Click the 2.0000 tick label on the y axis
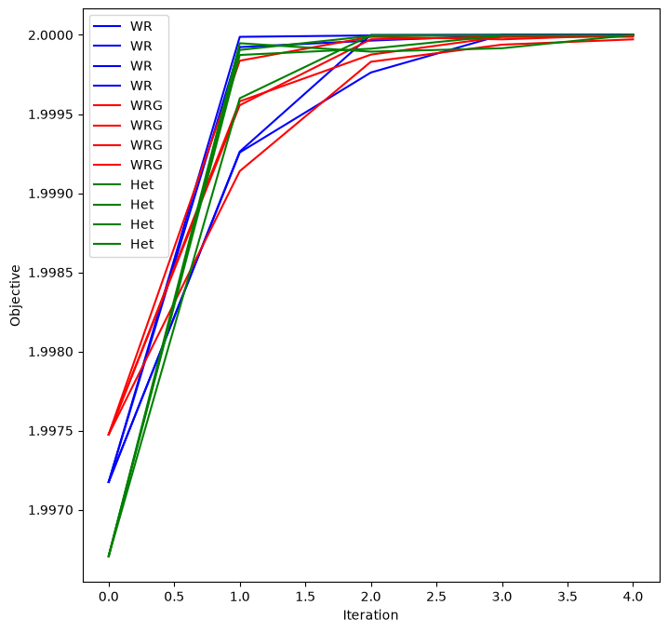50,35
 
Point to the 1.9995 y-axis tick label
50,114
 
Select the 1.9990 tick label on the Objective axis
50,194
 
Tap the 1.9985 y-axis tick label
50,273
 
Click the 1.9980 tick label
50,352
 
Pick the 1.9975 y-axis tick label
50,431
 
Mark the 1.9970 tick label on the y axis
50,510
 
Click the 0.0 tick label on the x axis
109,597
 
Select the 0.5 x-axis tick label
174,597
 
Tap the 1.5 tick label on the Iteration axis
305,597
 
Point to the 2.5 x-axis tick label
436,597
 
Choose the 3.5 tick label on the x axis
568,597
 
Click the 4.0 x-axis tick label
633,597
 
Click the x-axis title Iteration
370,615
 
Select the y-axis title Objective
15,296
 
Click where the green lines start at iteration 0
109,557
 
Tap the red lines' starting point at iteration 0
109,435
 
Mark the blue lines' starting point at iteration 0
109,482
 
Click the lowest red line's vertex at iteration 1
240,171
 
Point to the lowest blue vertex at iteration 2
371,73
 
